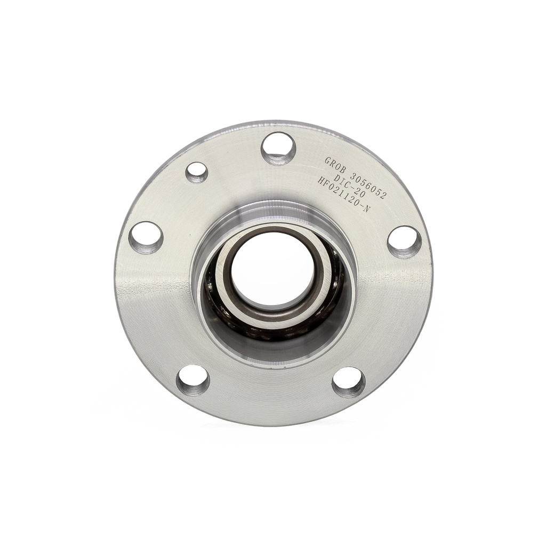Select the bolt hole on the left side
point(146,238)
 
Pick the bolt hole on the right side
point(404,243)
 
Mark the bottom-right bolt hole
point(349,385)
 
